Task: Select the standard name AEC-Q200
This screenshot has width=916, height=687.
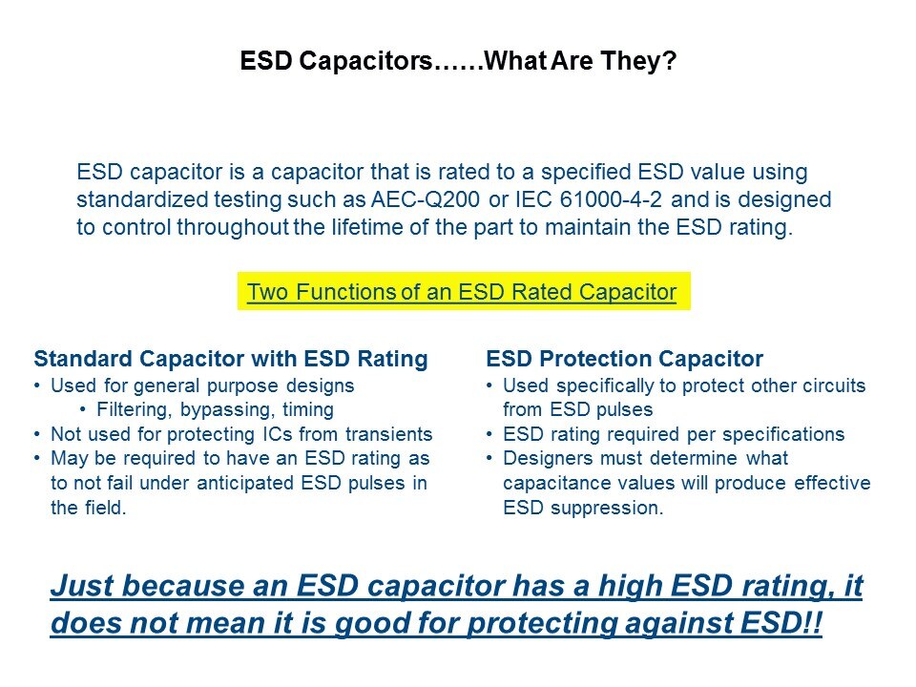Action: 426,199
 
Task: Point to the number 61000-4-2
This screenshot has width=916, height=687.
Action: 611,199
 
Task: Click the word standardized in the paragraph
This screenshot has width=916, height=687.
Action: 142,199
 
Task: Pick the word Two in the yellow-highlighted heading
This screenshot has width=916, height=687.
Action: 267,292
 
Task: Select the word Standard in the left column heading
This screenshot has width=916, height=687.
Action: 83,359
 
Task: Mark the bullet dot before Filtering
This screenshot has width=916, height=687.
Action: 83,409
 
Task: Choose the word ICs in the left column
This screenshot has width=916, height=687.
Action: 277,434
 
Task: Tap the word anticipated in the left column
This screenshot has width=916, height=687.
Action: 245,484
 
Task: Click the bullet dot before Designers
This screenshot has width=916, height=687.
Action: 489,458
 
